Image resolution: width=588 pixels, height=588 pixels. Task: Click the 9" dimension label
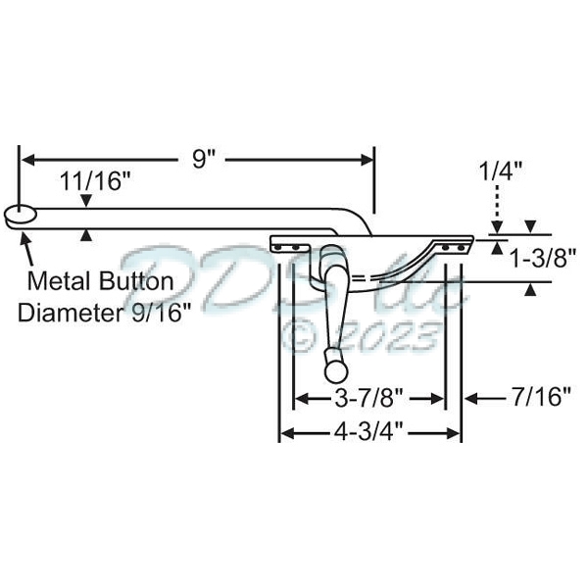click(x=203, y=160)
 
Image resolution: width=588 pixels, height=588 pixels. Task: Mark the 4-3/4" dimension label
click(x=371, y=431)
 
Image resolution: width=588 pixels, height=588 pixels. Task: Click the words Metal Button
click(x=101, y=281)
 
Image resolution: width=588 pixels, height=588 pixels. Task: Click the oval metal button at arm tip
click(x=20, y=216)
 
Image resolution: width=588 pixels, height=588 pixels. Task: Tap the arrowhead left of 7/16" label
click(x=470, y=397)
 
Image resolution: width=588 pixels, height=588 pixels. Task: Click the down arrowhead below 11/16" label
click(x=88, y=202)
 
